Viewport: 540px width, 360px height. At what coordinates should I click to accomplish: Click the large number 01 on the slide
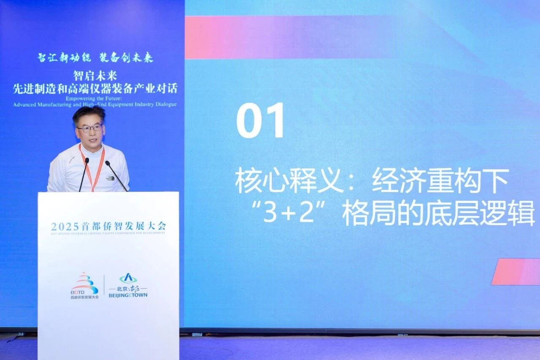pyautogui.click(x=260, y=120)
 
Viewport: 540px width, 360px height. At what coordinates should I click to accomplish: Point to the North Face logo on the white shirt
pyautogui.click(x=110, y=178)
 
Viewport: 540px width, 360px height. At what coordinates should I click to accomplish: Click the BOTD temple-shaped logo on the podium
pyautogui.click(x=85, y=283)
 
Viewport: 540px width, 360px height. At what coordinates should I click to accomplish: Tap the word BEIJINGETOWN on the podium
pyautogui.click(x=128, y=295)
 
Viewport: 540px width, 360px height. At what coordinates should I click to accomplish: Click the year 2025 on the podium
pyautogui.click(x=62, y=226)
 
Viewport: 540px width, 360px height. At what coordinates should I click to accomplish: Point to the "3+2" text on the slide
pyautogui.click(x=289, y=214)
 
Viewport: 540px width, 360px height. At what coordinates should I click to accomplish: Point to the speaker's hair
pyautogui.click(x=89, y=113)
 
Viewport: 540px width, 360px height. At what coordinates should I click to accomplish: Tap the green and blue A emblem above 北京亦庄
pyautogui.click(x=128, y=278)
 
